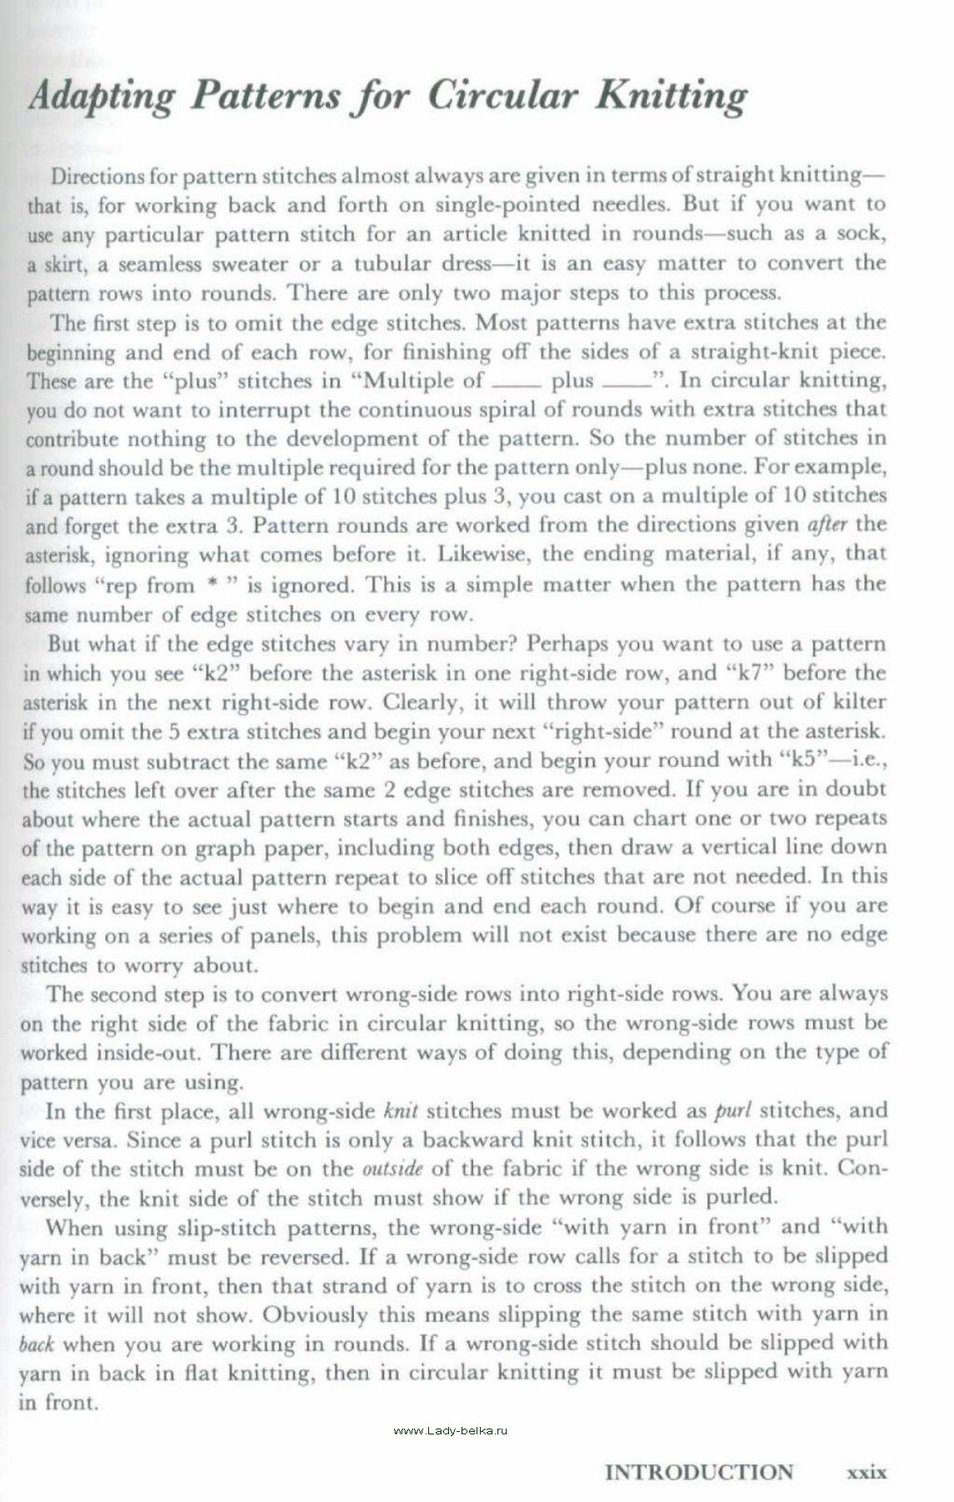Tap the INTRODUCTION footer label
(x=699, y=1471)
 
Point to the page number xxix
(x=866, y=1472)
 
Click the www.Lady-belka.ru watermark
(x=450, y=1430)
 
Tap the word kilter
(x=859, y=702)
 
